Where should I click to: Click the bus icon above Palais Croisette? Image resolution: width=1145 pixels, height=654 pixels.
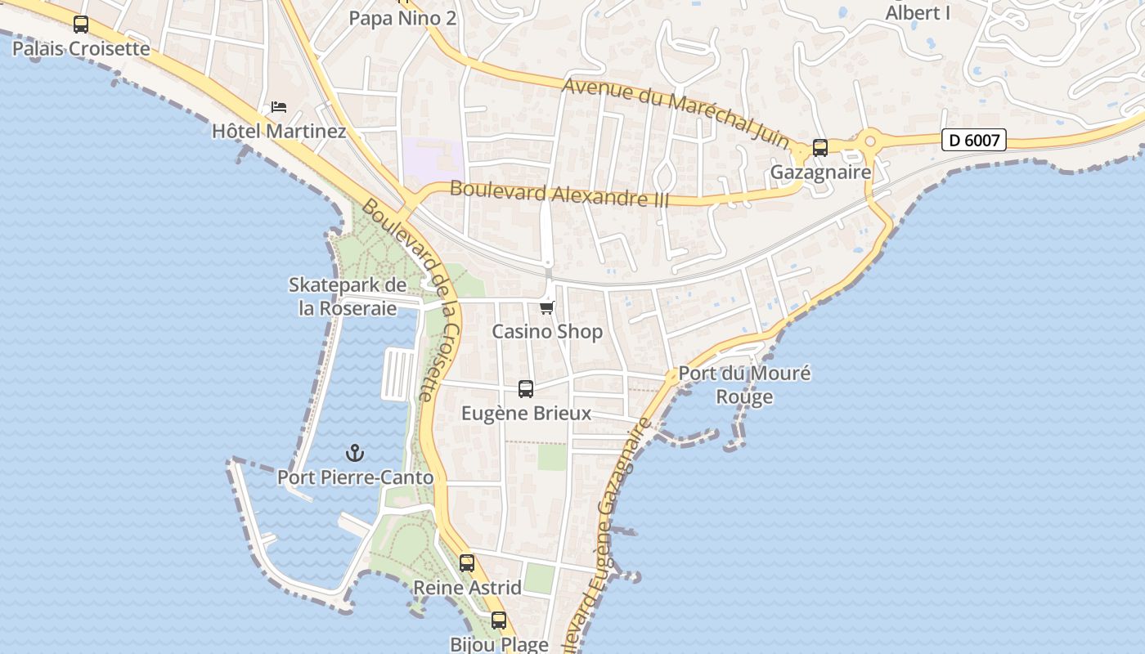point(80,25)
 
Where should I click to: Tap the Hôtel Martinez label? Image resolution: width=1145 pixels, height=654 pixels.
point(279,131)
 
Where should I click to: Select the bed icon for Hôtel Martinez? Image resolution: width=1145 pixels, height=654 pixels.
point(279,107)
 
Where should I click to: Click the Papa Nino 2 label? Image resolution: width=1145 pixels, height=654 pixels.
point(402,18)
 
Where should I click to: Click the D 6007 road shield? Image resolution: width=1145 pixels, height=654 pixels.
point(973,140)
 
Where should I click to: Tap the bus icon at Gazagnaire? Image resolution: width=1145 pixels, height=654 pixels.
point(819,148)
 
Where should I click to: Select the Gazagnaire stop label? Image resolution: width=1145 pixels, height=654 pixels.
point(820,172)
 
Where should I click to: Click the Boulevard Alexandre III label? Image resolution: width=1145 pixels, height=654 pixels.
point(559,194)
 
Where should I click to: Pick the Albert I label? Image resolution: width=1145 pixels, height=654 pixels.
point(918,13)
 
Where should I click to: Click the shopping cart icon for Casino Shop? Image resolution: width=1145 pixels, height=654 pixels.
point(547,307)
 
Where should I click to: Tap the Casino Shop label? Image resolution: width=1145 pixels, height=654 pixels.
point(547,331)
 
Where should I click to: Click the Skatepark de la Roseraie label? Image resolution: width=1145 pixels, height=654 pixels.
point(347,297)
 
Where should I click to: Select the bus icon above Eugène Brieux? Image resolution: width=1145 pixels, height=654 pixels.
point(526,389)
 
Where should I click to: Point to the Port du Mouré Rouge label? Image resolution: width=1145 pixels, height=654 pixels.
point(744,385)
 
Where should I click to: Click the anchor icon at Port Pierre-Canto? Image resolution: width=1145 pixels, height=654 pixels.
point(355,452)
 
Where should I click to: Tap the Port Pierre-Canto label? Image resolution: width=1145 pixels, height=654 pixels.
point(355,477)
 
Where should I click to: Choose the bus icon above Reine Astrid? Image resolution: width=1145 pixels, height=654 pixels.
point(467,563)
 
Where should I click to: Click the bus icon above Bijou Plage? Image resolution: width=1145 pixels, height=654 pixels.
point(499,620)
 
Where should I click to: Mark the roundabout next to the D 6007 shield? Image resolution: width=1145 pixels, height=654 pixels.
point(870,141)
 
